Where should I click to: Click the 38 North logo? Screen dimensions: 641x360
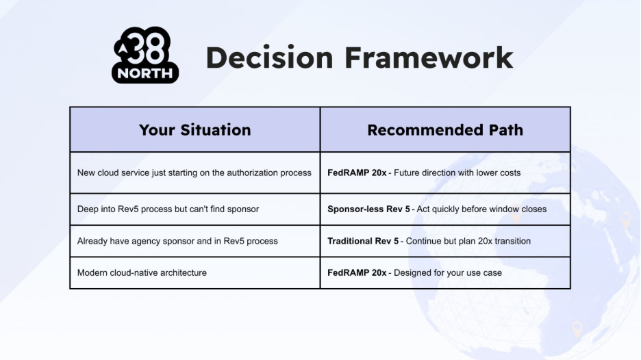click(x=145, y=55)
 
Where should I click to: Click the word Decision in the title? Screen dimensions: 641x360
click(x=270, y=57)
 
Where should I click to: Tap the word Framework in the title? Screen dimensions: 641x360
click(x=429, y=57)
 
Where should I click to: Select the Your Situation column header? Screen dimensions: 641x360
click(x=195, y=130)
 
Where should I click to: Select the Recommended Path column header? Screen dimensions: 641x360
click(x=445, y=130)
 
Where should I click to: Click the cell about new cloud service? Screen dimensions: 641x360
click(x=194, y=173)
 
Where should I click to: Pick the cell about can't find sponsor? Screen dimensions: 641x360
click(x=194, y=209)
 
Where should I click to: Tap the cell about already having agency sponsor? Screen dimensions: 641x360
click(x=194, y=241)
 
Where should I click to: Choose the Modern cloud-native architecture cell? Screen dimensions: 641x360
click(x=194, y=272)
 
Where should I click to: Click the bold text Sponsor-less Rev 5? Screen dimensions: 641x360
click(x=368, y=209)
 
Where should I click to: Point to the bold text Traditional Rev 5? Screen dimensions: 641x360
click(x=363, y=241)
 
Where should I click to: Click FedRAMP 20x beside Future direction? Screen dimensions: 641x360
click(x=357, y=173)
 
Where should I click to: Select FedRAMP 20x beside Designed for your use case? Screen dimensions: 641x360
click(x=357, y=272)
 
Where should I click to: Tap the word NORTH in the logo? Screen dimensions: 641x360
click(x=145, y=73)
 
